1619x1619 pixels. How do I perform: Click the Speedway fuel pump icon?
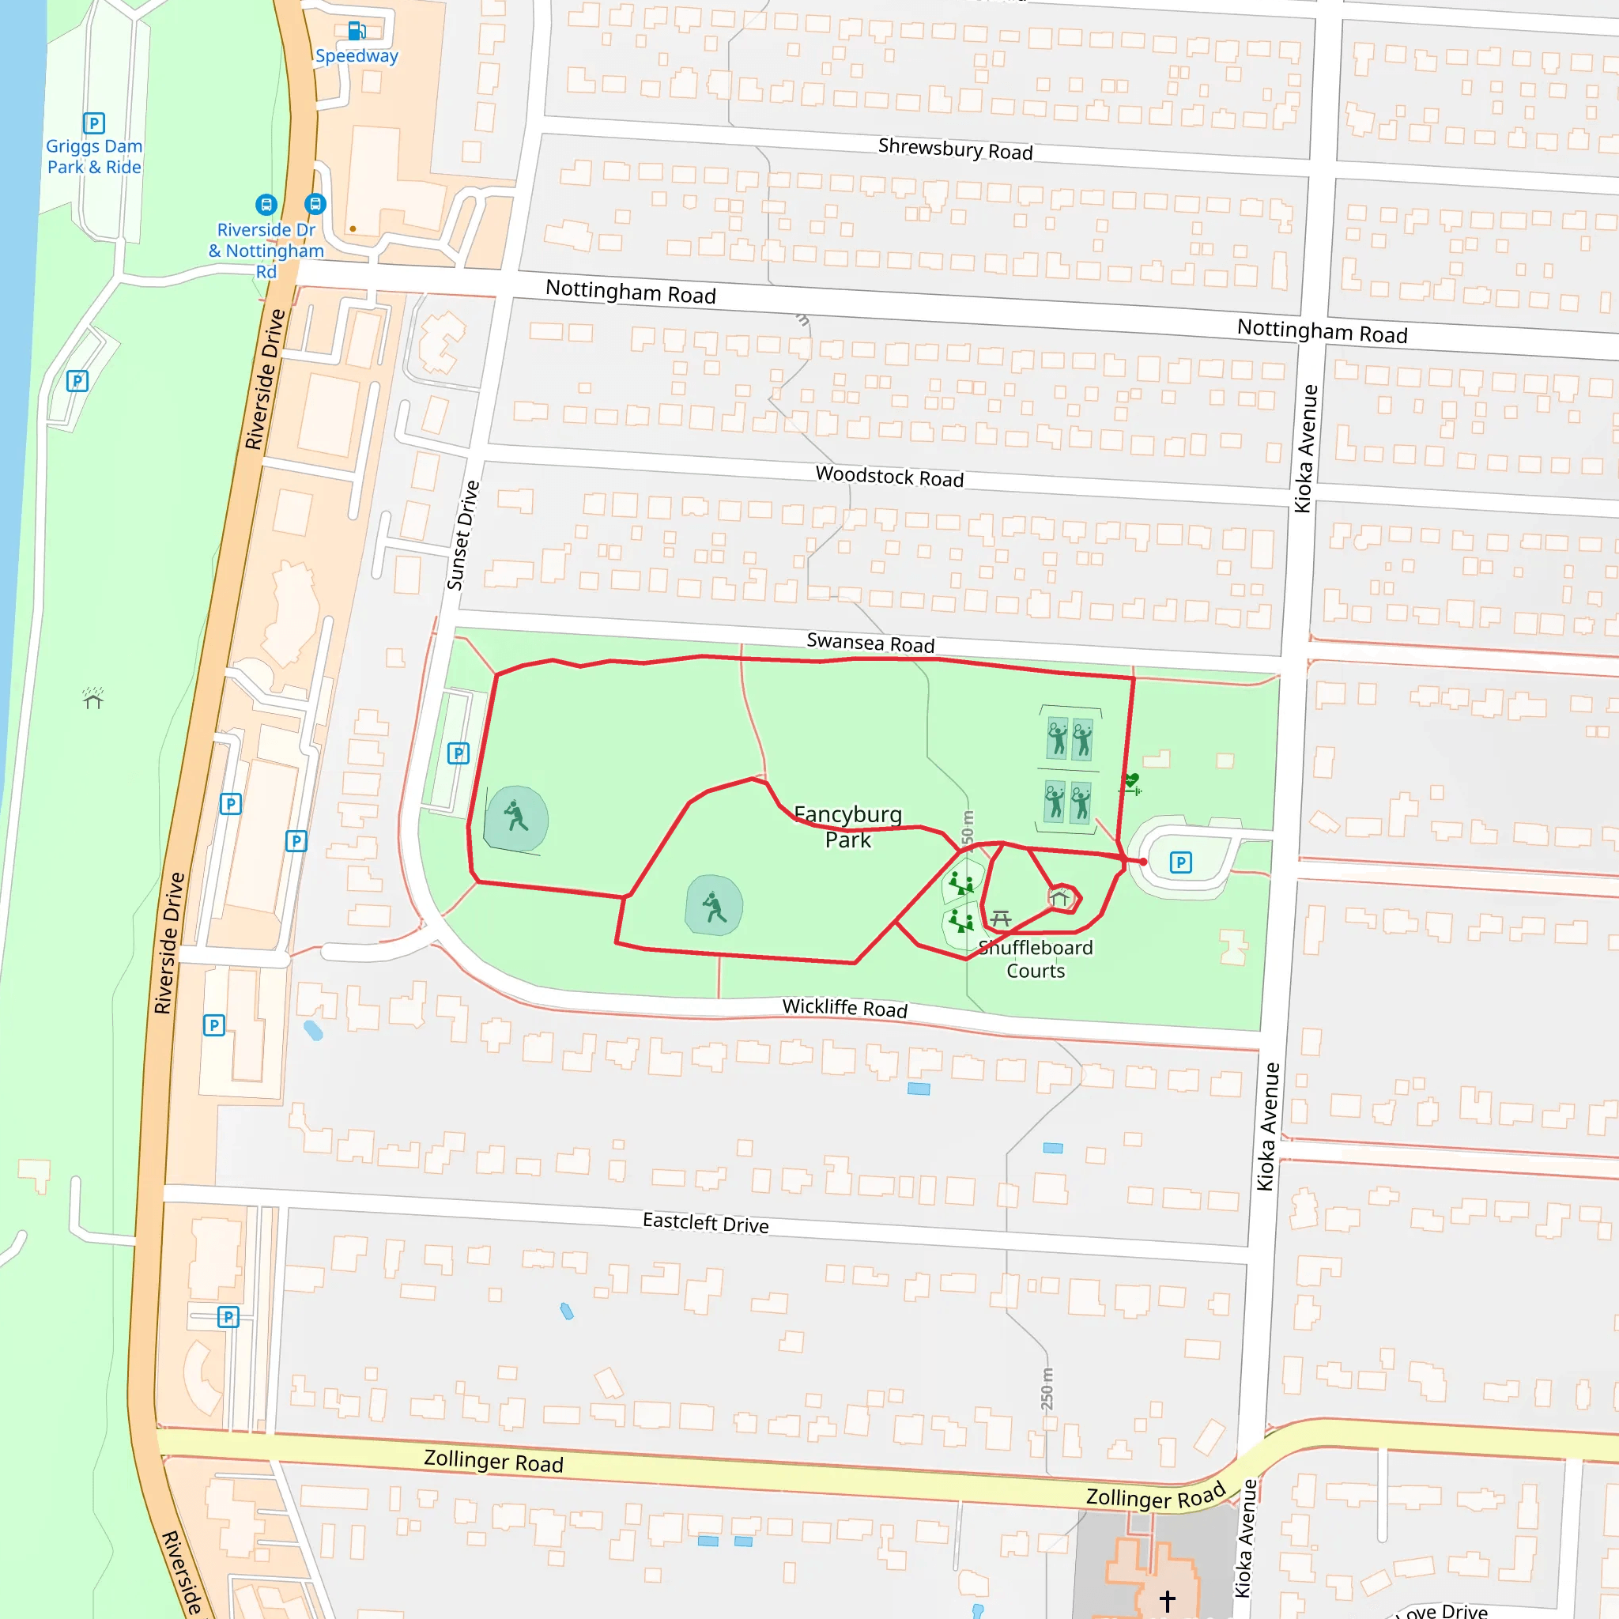(357, 31)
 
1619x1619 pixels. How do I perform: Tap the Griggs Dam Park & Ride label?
(94, 157)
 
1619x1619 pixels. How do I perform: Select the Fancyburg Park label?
(847, 827)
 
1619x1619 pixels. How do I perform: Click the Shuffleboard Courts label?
(1036, 959)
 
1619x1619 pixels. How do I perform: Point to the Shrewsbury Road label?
(954, 149)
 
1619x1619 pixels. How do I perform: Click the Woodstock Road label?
(889, 477)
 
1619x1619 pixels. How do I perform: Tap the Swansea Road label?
(870, 643)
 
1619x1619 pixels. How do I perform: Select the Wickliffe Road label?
(845, 1007)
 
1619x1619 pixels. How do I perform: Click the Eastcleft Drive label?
(706, 1223)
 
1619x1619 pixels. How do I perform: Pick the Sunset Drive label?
(463, 534)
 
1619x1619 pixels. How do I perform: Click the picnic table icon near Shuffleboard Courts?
(1001, 919)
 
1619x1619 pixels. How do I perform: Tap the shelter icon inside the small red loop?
(1060, 899)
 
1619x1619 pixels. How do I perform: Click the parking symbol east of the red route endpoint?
(1181, 862)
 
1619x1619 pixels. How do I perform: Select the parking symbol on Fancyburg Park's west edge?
(458, 753)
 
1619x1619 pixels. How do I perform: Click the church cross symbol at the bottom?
(1168, 1601)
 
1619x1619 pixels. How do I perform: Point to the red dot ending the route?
(1143, 862)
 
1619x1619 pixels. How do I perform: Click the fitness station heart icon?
(1131, 781)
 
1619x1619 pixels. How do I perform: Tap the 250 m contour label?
(1047, 1388)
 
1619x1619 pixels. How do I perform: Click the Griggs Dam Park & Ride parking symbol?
(94, 123)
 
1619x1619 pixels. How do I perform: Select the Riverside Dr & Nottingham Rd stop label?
(266, 251)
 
